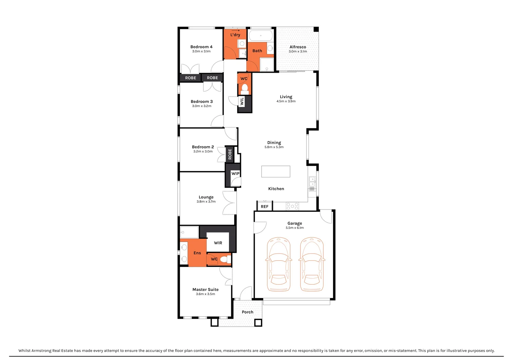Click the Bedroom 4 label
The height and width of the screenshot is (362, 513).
201,47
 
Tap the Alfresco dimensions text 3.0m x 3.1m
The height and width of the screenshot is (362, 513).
298,52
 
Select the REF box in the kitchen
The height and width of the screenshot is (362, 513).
265,206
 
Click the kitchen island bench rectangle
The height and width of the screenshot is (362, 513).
276,172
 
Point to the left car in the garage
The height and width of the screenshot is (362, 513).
278,264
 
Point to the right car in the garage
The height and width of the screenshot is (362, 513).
312,264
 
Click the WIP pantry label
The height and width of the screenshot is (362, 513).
235,174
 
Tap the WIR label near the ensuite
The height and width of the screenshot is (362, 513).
218,243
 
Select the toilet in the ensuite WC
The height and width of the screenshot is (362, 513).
227,259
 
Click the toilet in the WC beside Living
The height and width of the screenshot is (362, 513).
244,89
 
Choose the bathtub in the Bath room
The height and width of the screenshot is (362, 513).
261,36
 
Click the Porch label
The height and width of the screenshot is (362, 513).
247,312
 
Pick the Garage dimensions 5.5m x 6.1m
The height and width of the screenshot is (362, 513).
295,228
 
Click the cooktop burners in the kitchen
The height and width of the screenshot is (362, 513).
292,206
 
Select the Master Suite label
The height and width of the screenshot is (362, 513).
205,290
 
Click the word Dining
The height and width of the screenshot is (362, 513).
274,143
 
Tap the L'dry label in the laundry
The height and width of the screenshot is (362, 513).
235,35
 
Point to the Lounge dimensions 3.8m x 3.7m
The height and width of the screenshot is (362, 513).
206,202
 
